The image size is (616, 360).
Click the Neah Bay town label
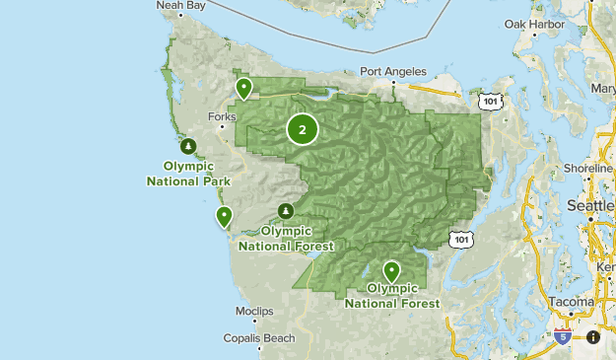click(182, 5)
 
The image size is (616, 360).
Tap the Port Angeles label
click(393, 72)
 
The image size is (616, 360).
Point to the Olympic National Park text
click(188, 174)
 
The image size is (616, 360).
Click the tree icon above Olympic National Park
click(187, 147)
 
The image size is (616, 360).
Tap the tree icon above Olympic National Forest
click(286, 211)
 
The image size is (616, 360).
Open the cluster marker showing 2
click(303, 129)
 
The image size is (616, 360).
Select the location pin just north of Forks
click(243, 89)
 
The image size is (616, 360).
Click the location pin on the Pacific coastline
click(225, 216)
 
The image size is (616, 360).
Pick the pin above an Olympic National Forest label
click(392, 270)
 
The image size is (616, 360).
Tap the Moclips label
click(254, 312)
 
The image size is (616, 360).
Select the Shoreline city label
click(587, 169)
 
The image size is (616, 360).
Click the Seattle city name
click(590, 205)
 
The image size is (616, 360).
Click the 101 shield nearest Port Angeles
click(490, 102)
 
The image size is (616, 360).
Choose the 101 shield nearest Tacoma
click(459, 239)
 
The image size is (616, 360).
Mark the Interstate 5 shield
click(563, 336)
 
